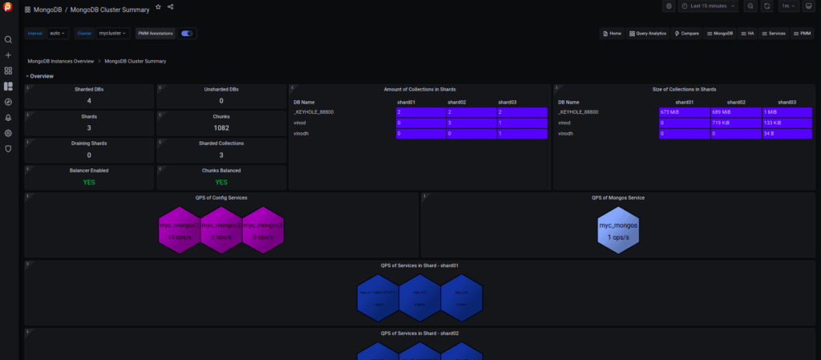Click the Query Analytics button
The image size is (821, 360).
(649, 34)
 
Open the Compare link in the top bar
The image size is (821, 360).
(688, 34)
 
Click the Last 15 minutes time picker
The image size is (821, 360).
(708, 6)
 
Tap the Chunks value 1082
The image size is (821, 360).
(221, 128)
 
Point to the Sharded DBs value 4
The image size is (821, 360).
(89, 101)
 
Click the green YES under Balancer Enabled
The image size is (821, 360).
(89, 182)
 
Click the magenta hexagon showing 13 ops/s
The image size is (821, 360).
(179, 230)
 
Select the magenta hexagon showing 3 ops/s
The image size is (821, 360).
(262, 230)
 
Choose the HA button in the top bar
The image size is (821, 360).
(747, 34)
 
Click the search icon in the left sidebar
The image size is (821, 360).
(9, 39)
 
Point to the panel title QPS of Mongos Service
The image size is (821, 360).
(617, 197)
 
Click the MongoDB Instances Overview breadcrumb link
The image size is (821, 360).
(61, 61)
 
